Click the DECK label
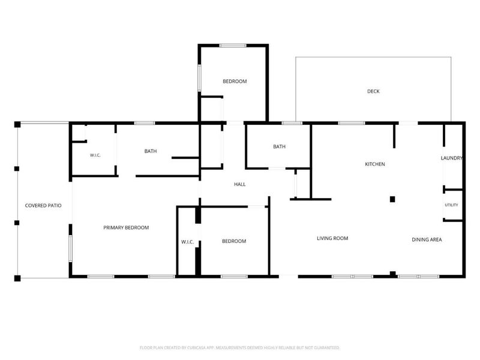pyautogui.click(x=373, y=91)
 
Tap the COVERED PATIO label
pyautogui.click(x=43, y=206)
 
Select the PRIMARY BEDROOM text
pyautogui.click(x=126, y=228)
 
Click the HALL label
pyautogui.click(x=239, y=184)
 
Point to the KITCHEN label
pyautogui.click(x=375, y=164)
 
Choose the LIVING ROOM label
pyautogui.click(x=332, y=238)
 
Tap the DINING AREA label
pyautogui.click(x=427, y=239)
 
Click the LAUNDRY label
pyautogui.click(x=452, y=158)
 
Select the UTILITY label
pyautogui.click(x=452, y=205)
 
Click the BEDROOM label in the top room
pyautogui.click(x=235, y=82)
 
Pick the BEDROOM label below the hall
pyautogui.click(x=234, y=241)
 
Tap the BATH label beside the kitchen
pyautogui.click(x=279, y=146)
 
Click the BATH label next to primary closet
pyautogui.click(x=151, y=151)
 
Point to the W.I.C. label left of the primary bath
pyautogui.click(x=95, y=155)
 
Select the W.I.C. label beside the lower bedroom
pyautogui.click(x=187, y=242)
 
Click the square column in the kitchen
pyautogui.click(x=392, y=199)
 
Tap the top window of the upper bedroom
pyautogui.click(x=233, y=46)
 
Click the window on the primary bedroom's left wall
pyautogui.click(x=70, y=248)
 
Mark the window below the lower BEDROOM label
pyautogui.click(x=234, y=277)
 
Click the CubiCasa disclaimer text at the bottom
pyautogui.click(x=239, y=348)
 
